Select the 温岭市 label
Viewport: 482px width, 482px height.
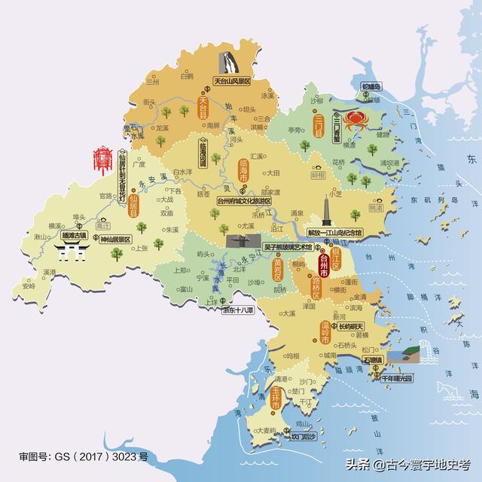pyautogui.click(x=324, y=331)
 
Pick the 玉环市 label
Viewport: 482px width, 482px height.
pyautogui.click(x=276, y=398)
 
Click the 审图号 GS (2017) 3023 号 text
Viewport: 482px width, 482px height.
pyautogui.click(x=84, y=457)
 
